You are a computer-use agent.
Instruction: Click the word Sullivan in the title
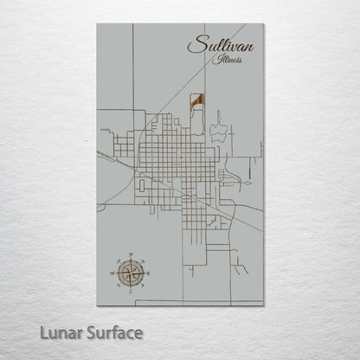tap(220, 45)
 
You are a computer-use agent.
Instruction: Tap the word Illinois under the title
tap(229, 61)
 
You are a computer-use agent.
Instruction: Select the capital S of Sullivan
tap(195, 45)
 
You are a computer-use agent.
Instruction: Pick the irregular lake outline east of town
tap(217, 130)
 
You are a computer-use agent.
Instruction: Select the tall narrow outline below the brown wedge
tap(198, 122)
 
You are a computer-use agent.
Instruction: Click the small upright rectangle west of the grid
tap(141, 184)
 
